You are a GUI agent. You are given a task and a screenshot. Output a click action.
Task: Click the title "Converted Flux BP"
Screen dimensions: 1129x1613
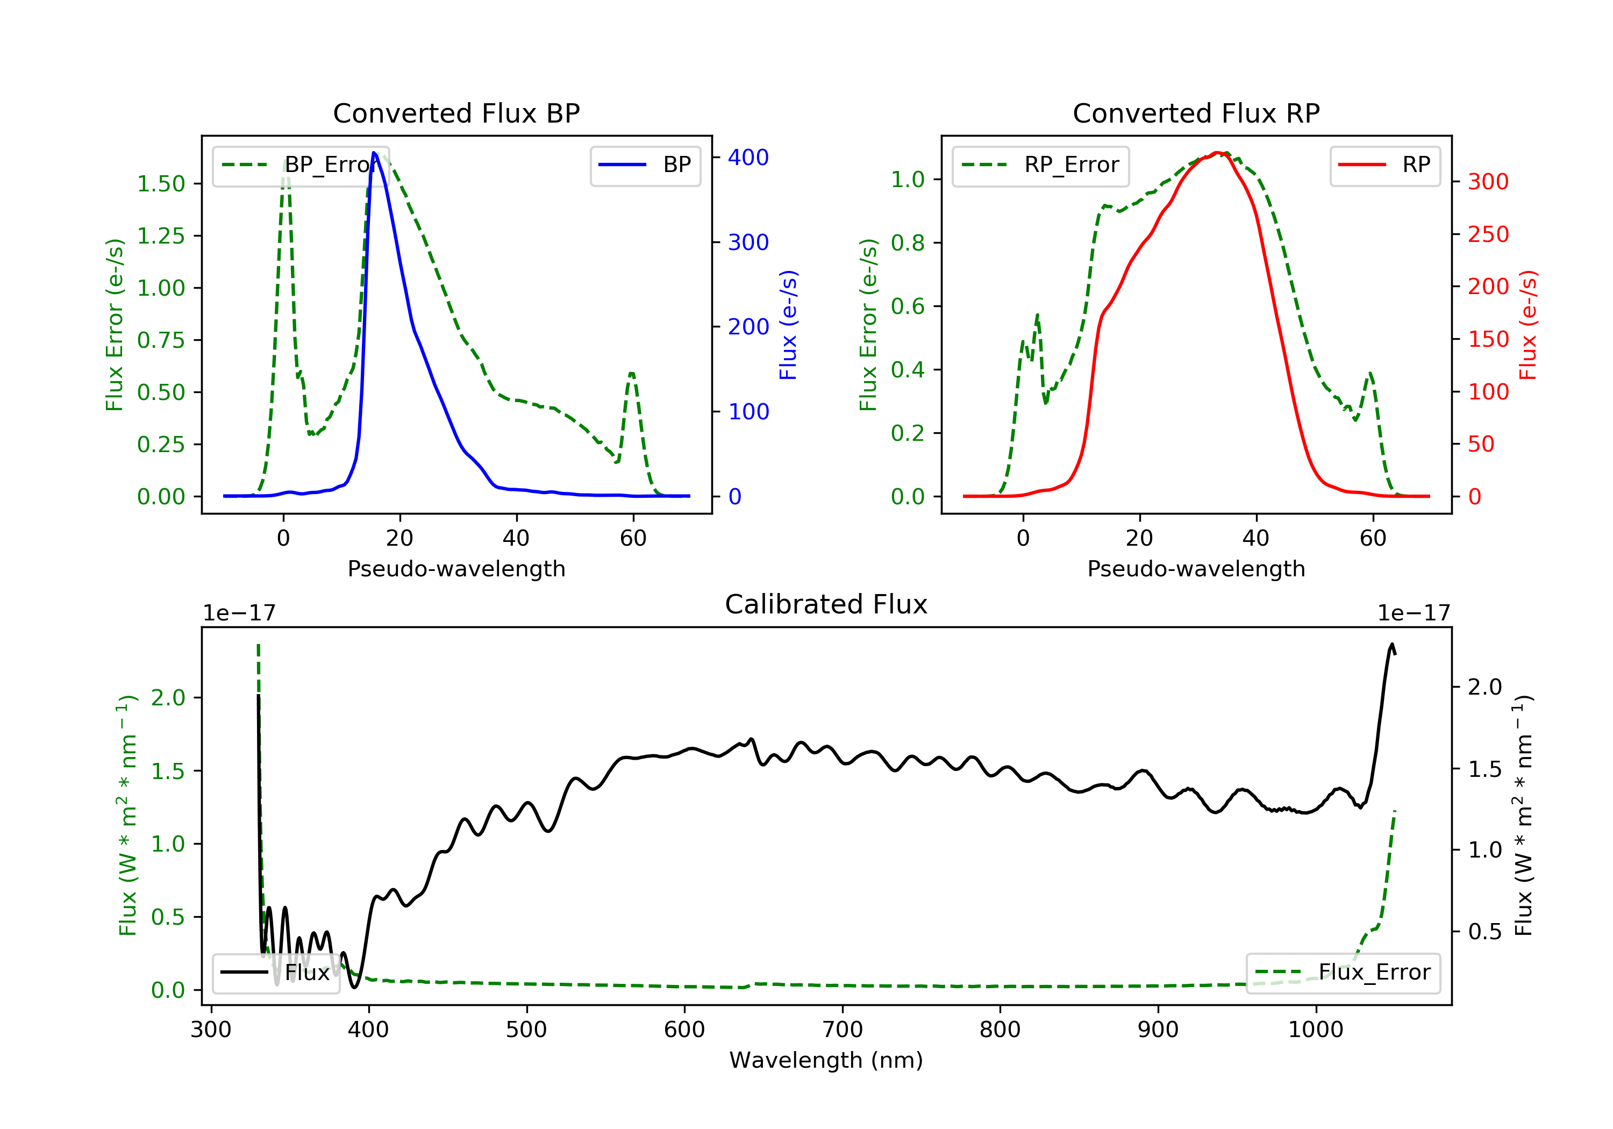(456, 113)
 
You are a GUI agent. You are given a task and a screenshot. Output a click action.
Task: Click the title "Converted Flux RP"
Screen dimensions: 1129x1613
(1196, 113)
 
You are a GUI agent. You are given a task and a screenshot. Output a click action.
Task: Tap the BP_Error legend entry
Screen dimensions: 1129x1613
(301, 165)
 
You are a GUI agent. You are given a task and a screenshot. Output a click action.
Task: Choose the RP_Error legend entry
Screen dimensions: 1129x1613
(1040, 165)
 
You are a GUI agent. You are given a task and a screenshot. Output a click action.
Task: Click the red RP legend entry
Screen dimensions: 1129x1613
(1384, 165)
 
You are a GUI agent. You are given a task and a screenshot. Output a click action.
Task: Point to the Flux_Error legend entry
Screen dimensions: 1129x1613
(1343, 973)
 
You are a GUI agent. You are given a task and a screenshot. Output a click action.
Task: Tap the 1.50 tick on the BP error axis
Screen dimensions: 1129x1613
(161, 184)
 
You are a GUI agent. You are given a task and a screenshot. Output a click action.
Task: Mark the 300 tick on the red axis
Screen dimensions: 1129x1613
(1488, 182)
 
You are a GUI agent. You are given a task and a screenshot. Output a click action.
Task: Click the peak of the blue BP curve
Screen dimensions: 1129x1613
(374, 153)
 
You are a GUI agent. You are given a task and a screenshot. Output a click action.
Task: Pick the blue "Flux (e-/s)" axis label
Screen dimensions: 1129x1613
(788, 325)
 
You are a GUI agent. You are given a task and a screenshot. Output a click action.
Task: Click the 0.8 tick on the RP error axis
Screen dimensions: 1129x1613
(907, 243)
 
